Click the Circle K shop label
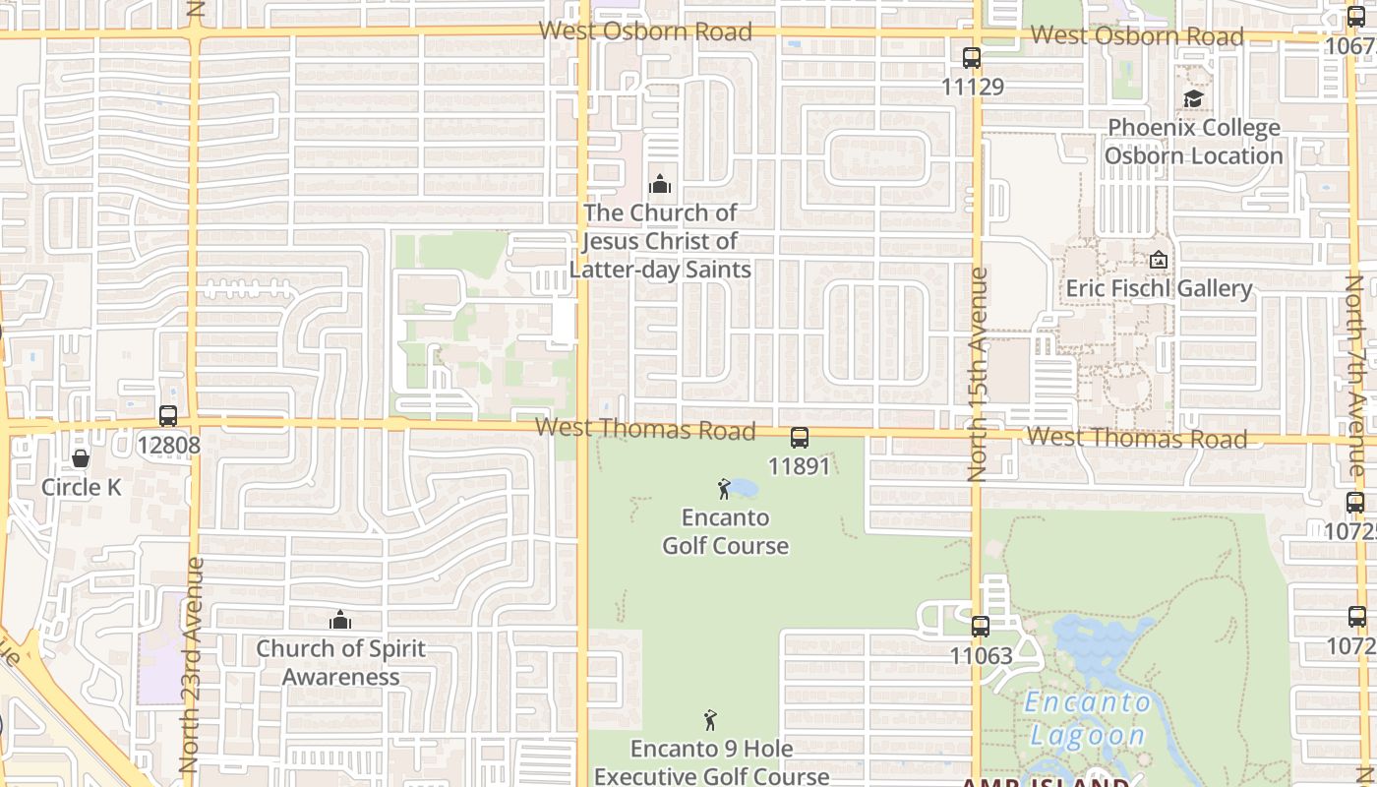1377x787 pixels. [81, 487]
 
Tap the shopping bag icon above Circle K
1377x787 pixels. [81, 458]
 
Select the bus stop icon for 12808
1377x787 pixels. [168, 416]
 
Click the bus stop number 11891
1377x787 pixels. [799, 466]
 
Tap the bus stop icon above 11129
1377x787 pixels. [972, 58]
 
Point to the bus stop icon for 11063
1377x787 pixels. [981, 626]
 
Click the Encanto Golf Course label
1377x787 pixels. [725, 531]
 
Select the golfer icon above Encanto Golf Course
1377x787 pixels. [725, 488]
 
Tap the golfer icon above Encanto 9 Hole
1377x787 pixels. [710, 720]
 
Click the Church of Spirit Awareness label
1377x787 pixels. [340, 663]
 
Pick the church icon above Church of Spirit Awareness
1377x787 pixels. [340, 620]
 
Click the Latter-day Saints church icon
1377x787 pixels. [660, 184]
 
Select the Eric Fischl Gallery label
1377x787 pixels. [1159, 288]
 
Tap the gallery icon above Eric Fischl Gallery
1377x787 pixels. [1159, 261]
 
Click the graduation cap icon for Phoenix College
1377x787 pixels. [1193, 98]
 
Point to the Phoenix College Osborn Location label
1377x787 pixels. [1193, 142]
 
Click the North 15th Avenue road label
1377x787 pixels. [978, 374]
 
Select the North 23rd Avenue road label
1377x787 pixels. [192, 664]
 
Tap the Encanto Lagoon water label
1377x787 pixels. [1088, 718]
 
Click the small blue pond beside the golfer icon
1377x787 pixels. [743, 488]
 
